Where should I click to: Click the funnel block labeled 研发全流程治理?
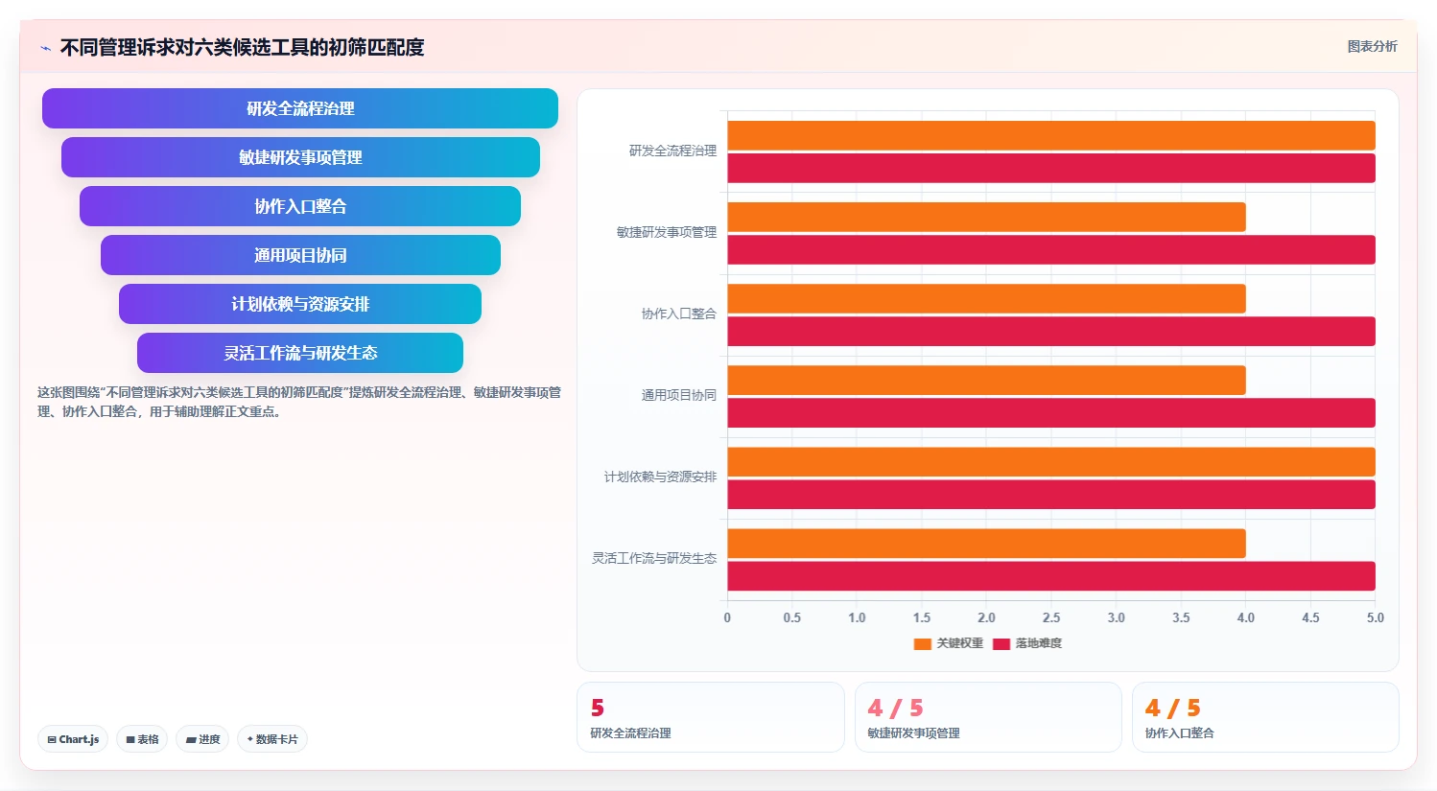pos(300,108)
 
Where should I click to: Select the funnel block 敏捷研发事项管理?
pos(300,157)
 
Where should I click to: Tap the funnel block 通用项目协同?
pos(300,255)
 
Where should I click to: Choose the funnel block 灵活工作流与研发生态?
pos(300,353)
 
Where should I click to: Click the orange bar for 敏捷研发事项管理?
pos(987,217)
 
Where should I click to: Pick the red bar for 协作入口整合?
pos(1051,332)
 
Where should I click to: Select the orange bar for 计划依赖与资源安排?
pos(1051,461)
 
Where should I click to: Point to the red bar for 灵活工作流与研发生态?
pos(1051,575)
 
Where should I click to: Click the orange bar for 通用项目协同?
pos(987,380)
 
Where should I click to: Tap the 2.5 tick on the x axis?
pos(1051,617)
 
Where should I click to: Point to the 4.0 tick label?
pos(1246,617)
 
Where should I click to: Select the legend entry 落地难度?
pos(1027,643)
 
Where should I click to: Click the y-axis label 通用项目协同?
pos(679,395)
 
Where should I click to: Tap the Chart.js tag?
pos(73,739)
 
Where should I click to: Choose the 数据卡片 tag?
pos(272,739)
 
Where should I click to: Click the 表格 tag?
pos(142,739)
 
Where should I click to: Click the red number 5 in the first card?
pos(598,708)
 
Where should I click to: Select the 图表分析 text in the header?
pos(1372,46)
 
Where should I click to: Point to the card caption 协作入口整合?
pos(1179,733)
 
